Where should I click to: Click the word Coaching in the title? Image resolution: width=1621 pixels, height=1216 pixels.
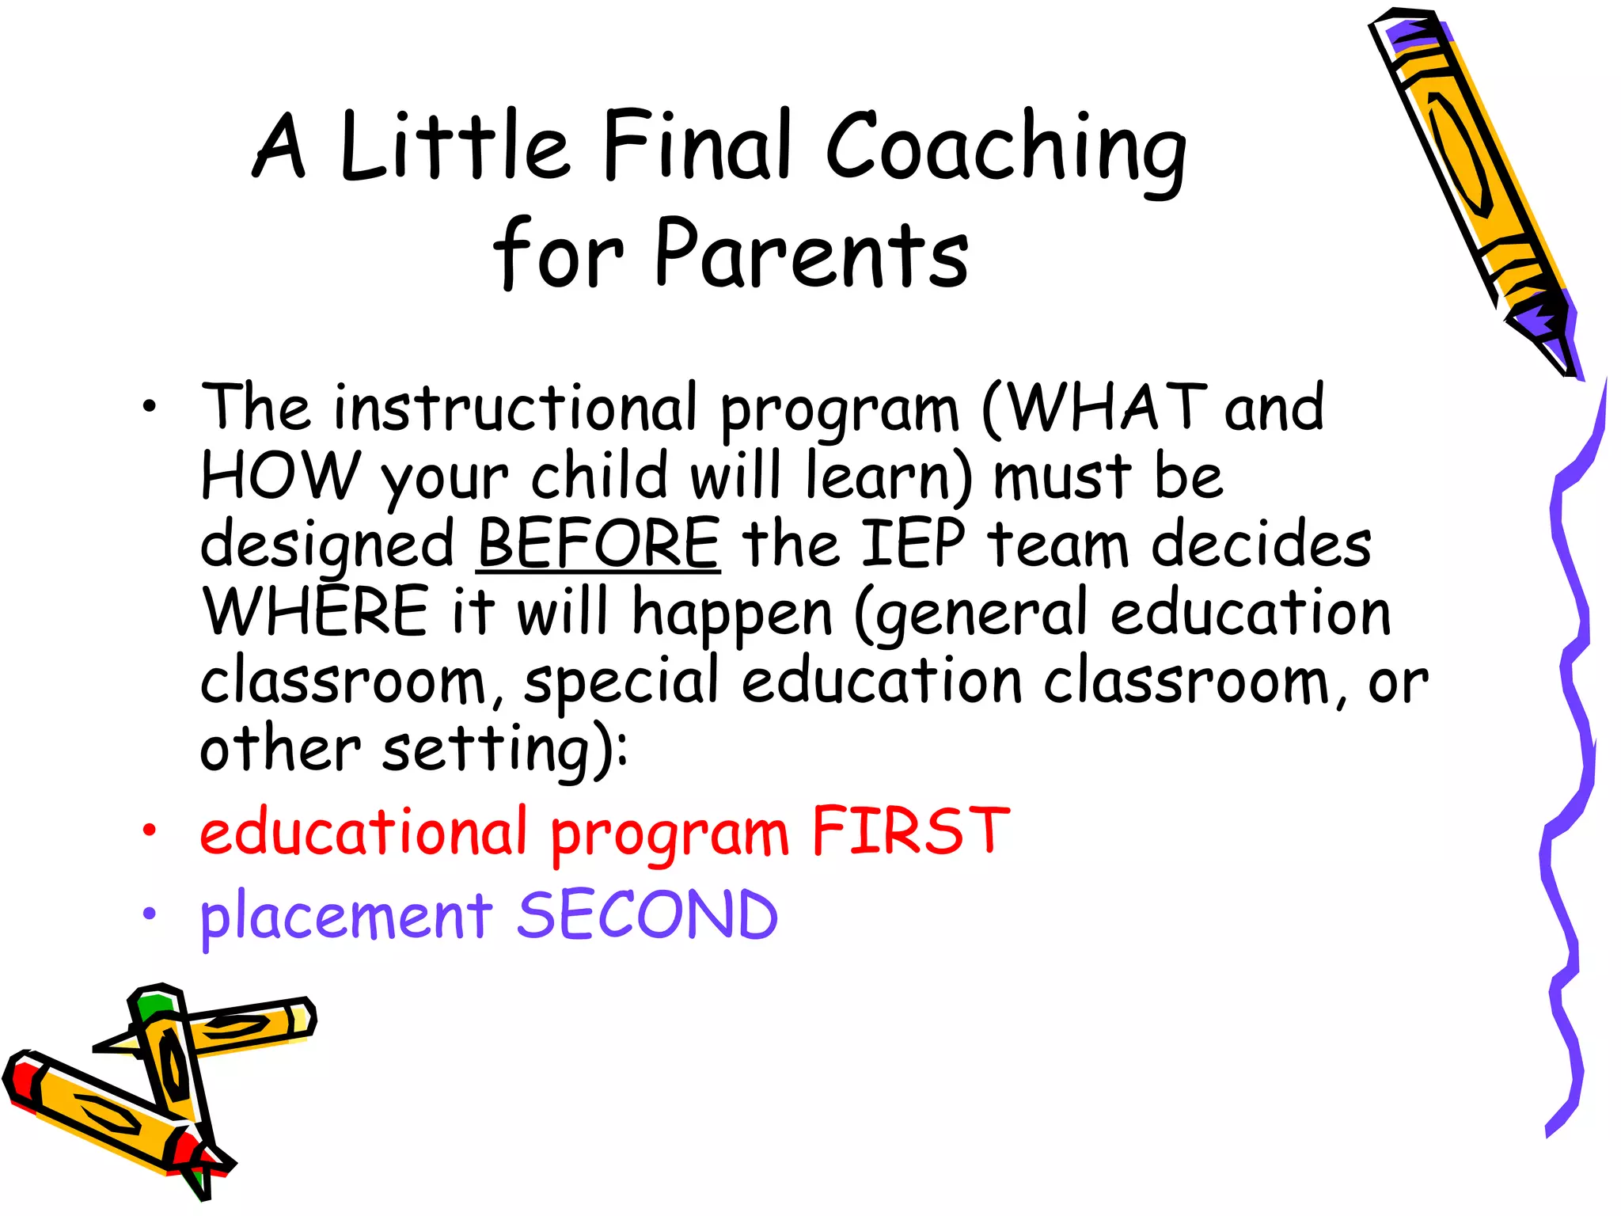(x=1005, y=150)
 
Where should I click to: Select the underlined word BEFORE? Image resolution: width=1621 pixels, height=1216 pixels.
(x=599, y=544)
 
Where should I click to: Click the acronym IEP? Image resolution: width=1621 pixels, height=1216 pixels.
(x=913, y=544)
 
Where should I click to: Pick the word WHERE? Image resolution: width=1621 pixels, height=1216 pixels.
(x=315, y=612)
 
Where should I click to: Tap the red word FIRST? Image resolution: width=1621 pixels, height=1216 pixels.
(x=910, y=831)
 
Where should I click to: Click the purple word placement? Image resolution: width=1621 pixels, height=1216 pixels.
(x=346, y=916)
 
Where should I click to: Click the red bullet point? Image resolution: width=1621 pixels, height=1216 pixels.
(x=149, y=830)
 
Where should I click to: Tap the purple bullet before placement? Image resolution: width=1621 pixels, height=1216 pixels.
(x=149, y=914)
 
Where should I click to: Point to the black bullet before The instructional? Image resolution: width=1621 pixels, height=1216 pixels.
(x=149, y=408)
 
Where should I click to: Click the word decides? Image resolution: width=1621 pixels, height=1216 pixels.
(x=1261, y=544)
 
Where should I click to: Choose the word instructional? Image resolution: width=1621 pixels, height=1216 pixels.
(x=515, y=408)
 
